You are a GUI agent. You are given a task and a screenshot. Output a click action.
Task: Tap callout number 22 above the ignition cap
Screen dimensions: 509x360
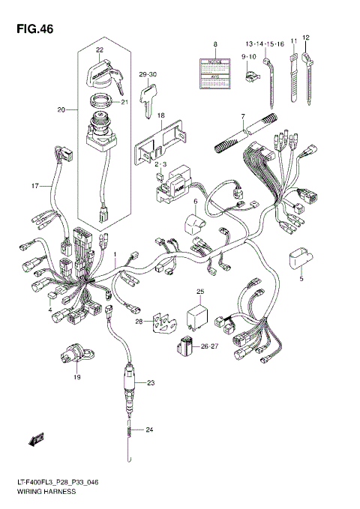[99, 51]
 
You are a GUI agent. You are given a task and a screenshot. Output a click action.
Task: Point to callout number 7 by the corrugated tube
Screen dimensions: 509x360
[243, 116]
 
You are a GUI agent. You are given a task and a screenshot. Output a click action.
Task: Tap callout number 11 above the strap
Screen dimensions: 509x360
[293, 37]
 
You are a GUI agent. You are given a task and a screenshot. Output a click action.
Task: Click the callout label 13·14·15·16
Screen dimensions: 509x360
[262, 44]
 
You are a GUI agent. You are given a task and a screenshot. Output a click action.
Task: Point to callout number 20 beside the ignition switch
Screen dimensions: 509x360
[61, 110]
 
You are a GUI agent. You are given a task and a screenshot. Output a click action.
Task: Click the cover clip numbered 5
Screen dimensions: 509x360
[298, 259]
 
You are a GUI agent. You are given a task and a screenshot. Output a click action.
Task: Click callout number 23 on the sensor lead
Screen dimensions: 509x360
[150, 383]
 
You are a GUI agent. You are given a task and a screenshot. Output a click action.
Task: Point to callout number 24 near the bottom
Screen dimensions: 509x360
[149, 430]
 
